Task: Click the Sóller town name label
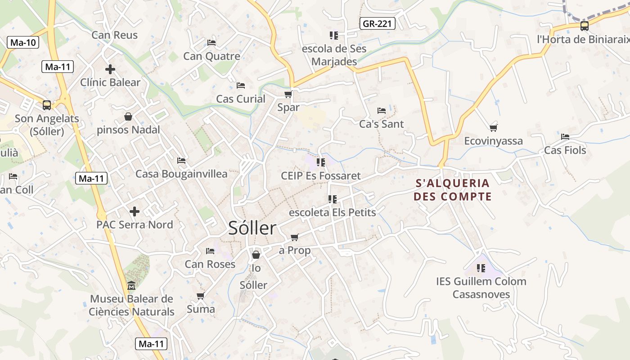tap(252, 228)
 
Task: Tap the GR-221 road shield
tap(378, 23)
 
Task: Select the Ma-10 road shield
tap(23, 43)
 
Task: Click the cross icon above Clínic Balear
tap(110, 69)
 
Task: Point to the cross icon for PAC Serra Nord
tap(135, 211)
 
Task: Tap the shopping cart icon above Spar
tap(288, 94)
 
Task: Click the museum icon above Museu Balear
tap(131, 286)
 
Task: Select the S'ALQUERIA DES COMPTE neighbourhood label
tap(452, 189)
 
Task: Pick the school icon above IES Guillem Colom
tap(481, 268)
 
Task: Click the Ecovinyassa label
tap(493, 141)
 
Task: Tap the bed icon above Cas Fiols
tap(565, 137)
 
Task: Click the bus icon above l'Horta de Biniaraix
tap(584, 26)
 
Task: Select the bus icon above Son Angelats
tap(47, 105)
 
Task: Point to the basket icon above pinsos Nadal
tap(128, 117)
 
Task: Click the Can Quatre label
tap(211, 56)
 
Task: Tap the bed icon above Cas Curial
tap(241, 85)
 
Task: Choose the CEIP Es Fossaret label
tap(320, 175)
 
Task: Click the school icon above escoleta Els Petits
tap(333, 199)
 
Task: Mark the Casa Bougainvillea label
tap(181, 174)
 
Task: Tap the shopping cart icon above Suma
tap(201, 296)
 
